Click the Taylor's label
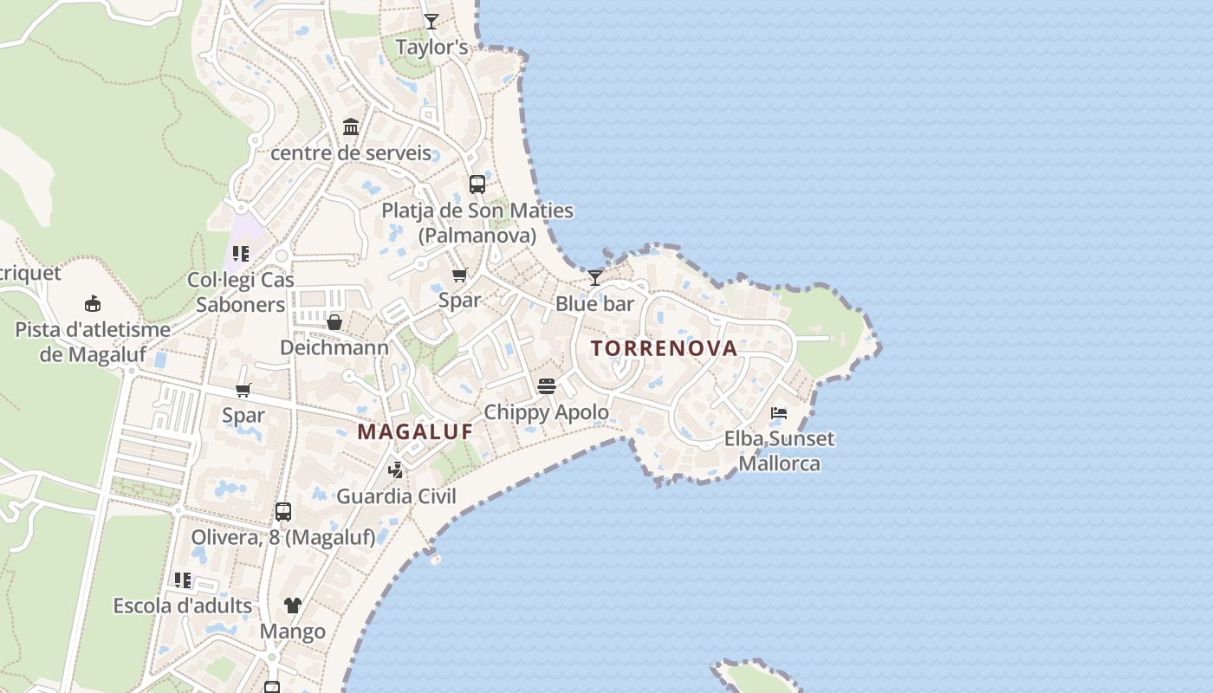[431, 47]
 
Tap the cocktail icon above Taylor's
[431, 21]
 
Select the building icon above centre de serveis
[351, 127]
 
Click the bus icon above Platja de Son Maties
[477, 184]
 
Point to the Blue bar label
[594, 304]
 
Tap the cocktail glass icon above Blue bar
[595, 277]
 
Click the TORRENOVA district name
[665, 348]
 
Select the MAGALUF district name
[416, 431]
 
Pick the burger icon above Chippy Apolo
[546, 385]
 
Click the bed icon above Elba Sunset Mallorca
[779, 412]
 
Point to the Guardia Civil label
[396, 496]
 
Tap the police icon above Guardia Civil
[396, 470]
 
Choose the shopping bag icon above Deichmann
[334, 322]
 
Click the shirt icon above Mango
[293, 605]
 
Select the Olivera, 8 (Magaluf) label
[283, 537]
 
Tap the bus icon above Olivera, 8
[283, 511]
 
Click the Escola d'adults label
[183, 606]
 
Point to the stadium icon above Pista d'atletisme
[93, 303]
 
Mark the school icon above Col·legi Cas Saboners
[241, 254]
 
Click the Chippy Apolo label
[546, 411]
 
